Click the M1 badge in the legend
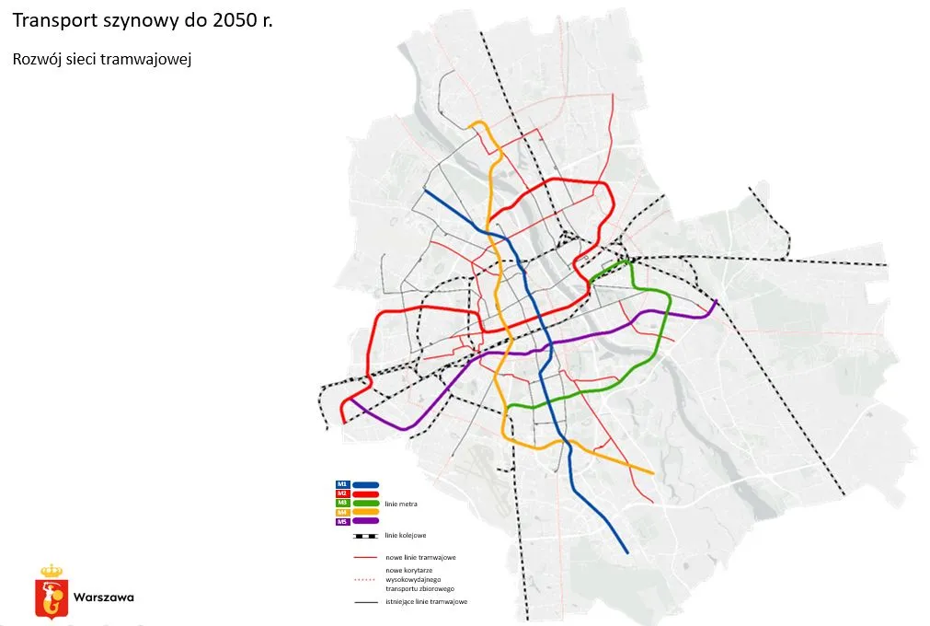(x=341, y=483)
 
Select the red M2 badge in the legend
(x=341, y=493)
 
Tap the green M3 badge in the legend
(x=341, y=503)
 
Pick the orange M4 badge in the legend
(x=341, y=512)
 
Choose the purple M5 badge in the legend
(x=341, y=522)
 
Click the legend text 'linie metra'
(x=403, y=504)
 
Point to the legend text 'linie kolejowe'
(x=405, y=535)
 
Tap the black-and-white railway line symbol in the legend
(x=364, y=535)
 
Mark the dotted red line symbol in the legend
(x=364, y=580)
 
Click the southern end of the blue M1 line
(x=627, y=553)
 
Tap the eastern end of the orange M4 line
(x=654, y=474)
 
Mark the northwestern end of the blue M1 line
(x=424, y=191)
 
